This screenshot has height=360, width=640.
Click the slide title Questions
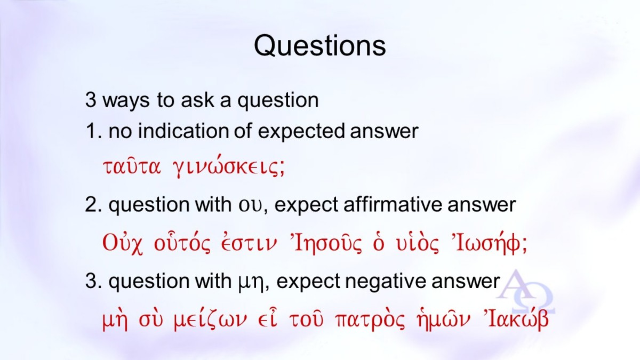point(319,46)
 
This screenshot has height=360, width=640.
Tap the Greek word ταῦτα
point(132,167)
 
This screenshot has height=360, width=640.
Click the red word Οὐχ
point(122,243)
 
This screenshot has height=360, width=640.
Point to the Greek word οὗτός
point(182,243)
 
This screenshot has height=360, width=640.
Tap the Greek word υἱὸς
point(417,243)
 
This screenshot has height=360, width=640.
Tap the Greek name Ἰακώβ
point(515,319)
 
